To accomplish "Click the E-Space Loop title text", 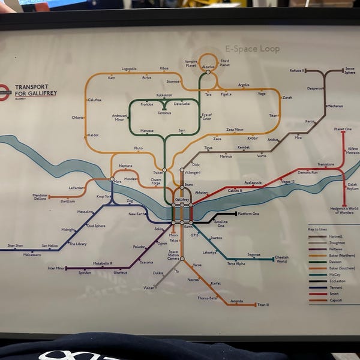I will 252,49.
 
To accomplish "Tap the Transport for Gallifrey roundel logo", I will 4,91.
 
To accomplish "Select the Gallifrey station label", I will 182,199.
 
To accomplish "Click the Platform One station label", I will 248,214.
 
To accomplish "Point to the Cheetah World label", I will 281,259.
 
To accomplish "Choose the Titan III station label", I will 263,305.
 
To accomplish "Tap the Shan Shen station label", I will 15,245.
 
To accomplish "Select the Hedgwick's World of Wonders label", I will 345,210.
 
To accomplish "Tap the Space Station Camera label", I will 173,254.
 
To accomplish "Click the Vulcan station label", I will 149,288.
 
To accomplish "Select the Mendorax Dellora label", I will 40,197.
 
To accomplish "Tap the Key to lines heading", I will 318,229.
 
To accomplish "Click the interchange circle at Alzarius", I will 208,72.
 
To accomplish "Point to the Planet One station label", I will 343,129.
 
